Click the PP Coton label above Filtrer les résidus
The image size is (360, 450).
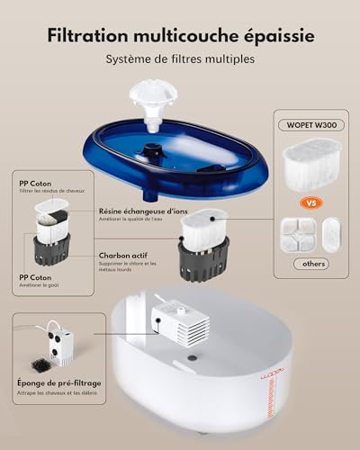tap(34, 182)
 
